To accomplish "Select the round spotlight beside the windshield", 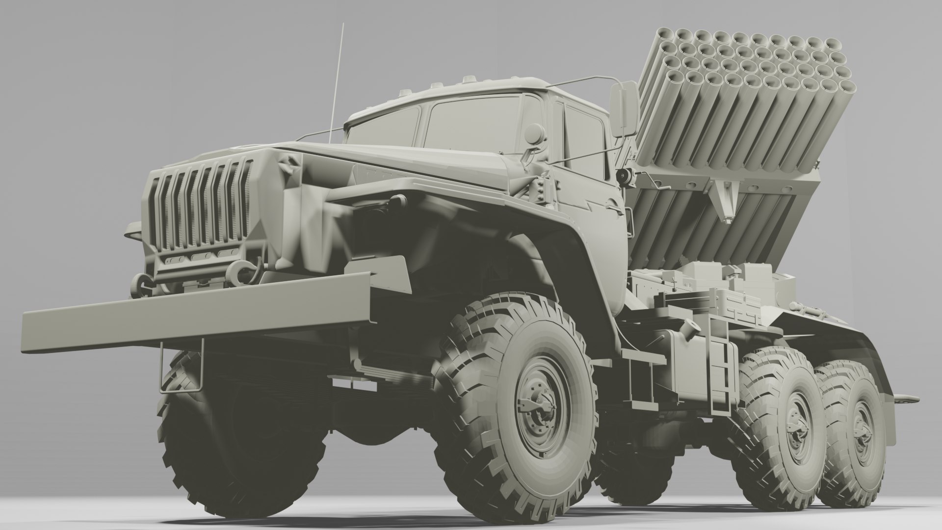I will (534, 132).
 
